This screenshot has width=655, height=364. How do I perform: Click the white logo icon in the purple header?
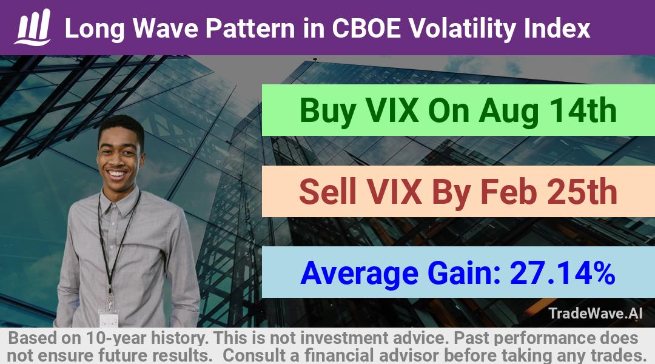[33, 27]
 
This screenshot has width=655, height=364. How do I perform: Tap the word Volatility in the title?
[462, 29]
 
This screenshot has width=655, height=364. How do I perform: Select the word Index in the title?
[557, 28]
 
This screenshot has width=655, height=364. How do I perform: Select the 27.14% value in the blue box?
[562, 272]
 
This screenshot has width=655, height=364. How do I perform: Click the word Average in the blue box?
[359, 274]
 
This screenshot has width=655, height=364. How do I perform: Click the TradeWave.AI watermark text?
[596, 314]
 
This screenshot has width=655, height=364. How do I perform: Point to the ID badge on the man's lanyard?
[109, 318]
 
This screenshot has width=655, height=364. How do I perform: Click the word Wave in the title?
[165, 29]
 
